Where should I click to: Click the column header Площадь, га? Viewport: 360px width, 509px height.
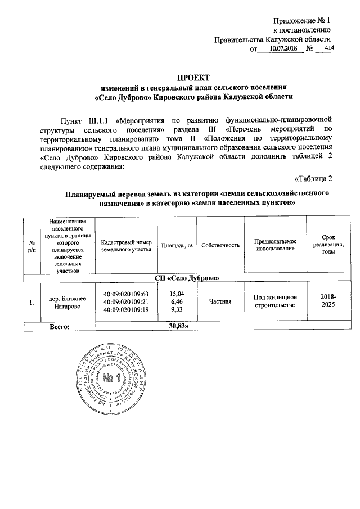pyautogui.click(x=177, y=245)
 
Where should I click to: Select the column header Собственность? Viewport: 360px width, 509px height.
pyautogui.click(x=220, y=245)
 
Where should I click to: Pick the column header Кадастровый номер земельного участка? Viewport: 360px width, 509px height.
pyautogui.click(x=126, y=245)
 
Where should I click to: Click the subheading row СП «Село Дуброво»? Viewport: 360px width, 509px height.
pyautogui.click(x=186, y=278)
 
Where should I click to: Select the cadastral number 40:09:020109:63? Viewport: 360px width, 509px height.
pyautogui.click(x=126, y=294)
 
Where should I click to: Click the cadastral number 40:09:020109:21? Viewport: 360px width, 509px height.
pyautogui.click(x=126, y=302)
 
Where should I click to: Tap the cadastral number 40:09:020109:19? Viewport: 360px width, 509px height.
pyautogui.click(x=126, y=310)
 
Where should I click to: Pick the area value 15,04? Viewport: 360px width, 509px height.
pyautogui.click(x=177, y=294)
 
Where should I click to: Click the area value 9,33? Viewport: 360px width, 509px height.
pyautogui.click(x=177, y=310)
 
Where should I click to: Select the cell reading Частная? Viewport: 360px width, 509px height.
pyautogui.click(x=220, y=302)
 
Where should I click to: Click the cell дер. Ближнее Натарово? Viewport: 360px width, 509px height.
pyautogui.click(x=67, y=302)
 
